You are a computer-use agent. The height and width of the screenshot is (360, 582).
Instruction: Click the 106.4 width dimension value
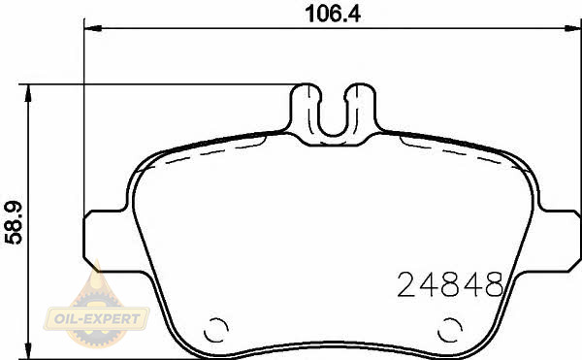(x=333, y=15)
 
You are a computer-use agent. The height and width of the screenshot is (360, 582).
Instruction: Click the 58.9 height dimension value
(x=14, y=222)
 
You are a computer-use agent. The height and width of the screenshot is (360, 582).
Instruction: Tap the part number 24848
(x=450, y=284)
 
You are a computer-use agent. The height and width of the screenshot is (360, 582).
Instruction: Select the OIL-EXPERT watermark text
(x=97, y=318)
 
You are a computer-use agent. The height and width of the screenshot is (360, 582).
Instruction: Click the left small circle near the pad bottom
(x=215, y=330)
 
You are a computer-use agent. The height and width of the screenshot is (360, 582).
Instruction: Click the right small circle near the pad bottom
(x=450, y=330)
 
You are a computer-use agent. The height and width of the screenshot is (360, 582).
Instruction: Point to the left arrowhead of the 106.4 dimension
(x=93, y=28)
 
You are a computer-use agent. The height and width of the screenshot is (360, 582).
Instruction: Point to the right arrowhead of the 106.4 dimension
(x=573, y=28)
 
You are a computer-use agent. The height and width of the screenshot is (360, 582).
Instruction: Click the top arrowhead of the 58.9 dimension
(x=27, y=93)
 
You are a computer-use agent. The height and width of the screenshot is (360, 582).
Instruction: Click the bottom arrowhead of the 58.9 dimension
(x=27, y=350)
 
